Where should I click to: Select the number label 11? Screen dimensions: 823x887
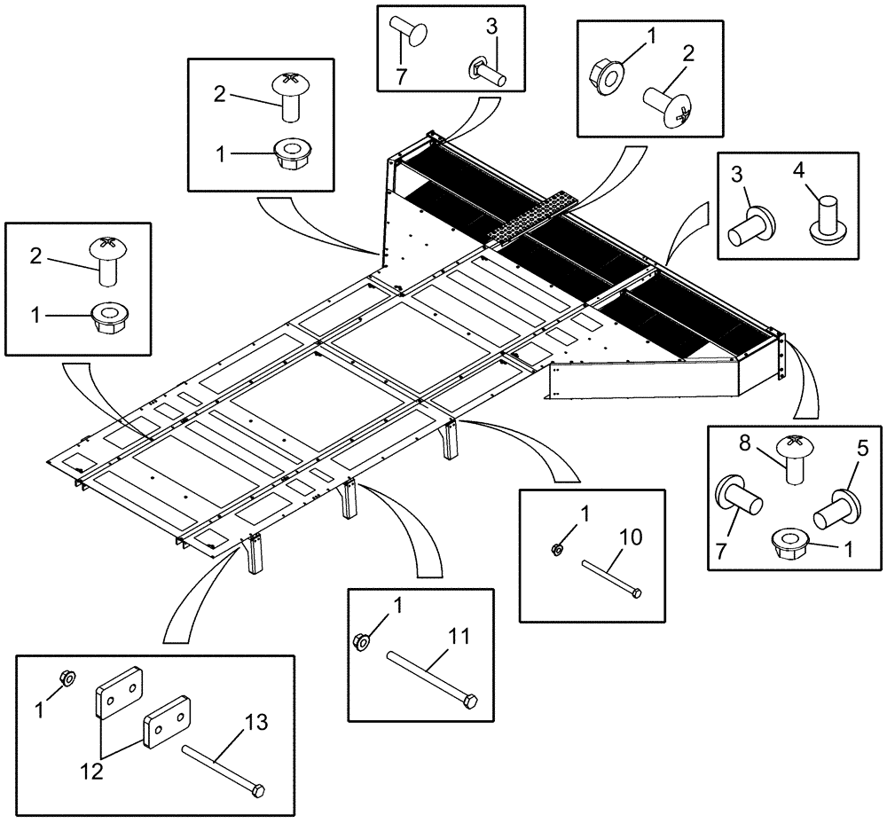[x=459, y=637]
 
